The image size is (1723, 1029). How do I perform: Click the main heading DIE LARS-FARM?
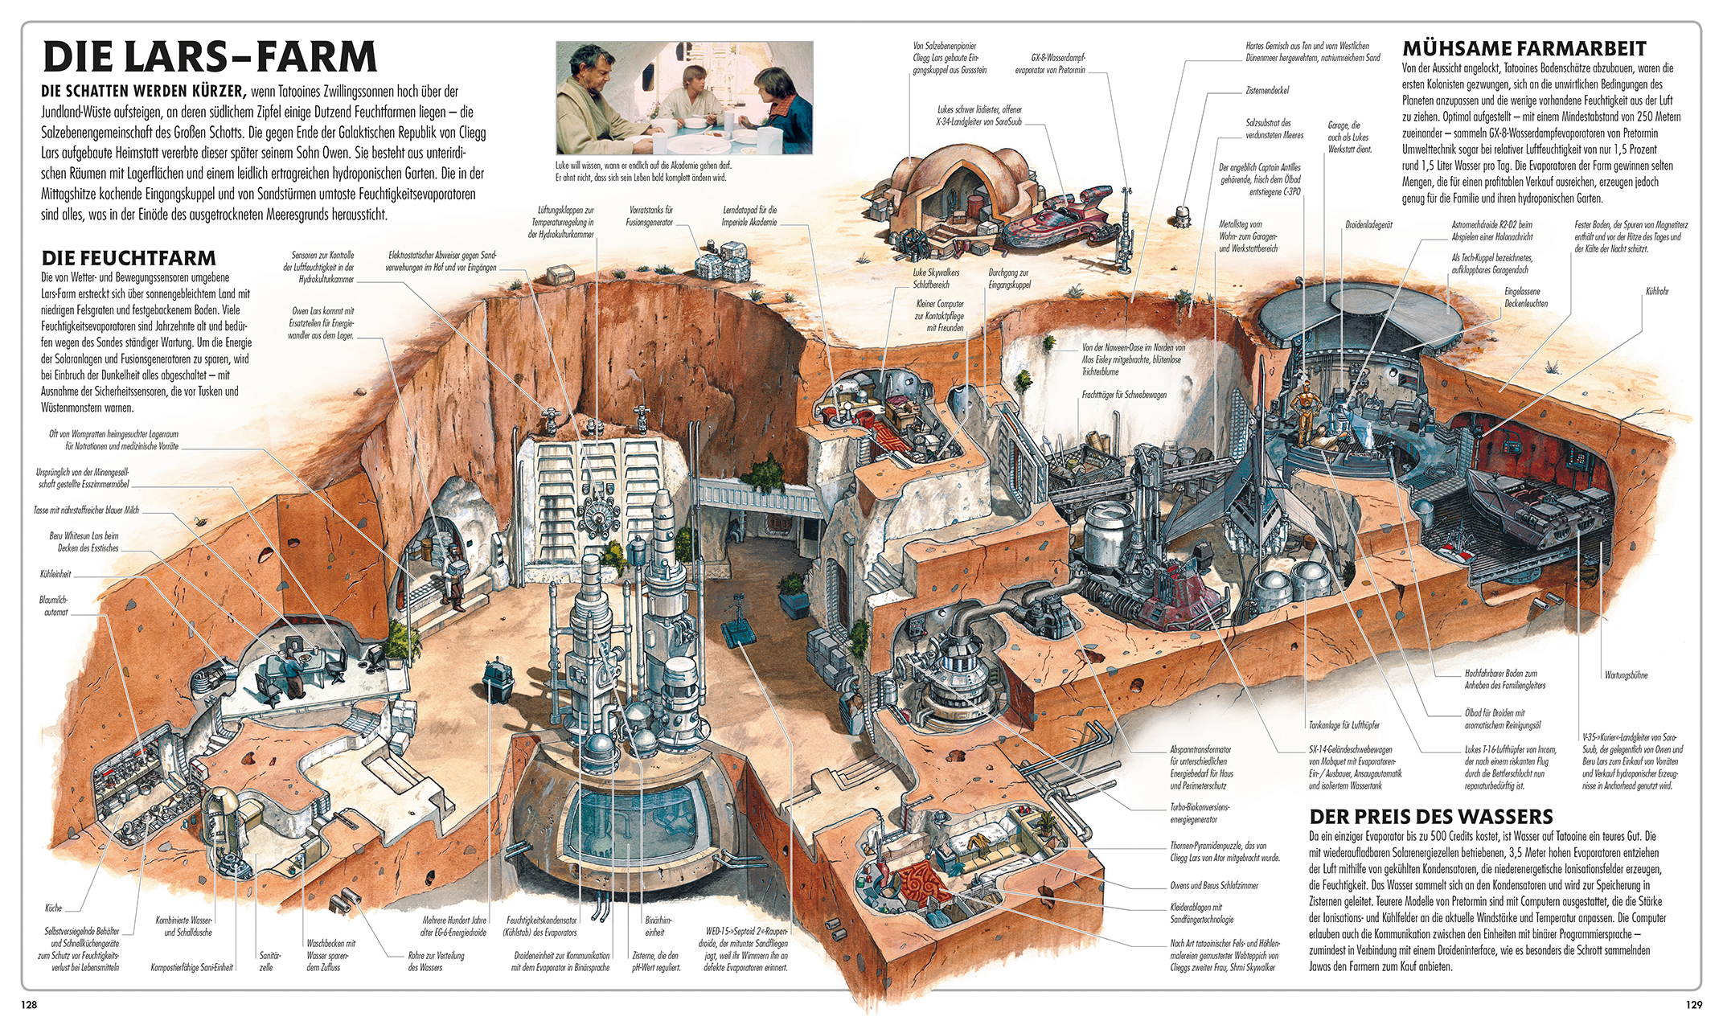(209, 57)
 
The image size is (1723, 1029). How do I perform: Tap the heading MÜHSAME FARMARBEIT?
(1524, 49)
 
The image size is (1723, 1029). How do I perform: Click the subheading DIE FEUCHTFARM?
(129, 258)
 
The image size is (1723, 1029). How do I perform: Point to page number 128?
(29, 1005)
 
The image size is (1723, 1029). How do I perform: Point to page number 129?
(1693, 1005)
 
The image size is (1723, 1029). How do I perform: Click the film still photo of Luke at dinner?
(684, 98)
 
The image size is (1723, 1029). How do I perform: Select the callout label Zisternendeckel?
(1267, 91)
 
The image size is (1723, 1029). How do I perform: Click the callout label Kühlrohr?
(1656, 291)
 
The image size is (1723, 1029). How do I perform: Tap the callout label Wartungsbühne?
(1626, 675)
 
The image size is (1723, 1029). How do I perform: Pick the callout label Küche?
(53, 908)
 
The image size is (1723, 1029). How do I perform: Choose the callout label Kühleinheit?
(55, 574)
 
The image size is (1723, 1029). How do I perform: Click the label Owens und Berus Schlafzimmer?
(1214, 886)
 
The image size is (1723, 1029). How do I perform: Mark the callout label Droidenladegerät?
(1368, 225)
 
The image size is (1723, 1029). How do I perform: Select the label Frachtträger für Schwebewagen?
(1124, 395)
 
